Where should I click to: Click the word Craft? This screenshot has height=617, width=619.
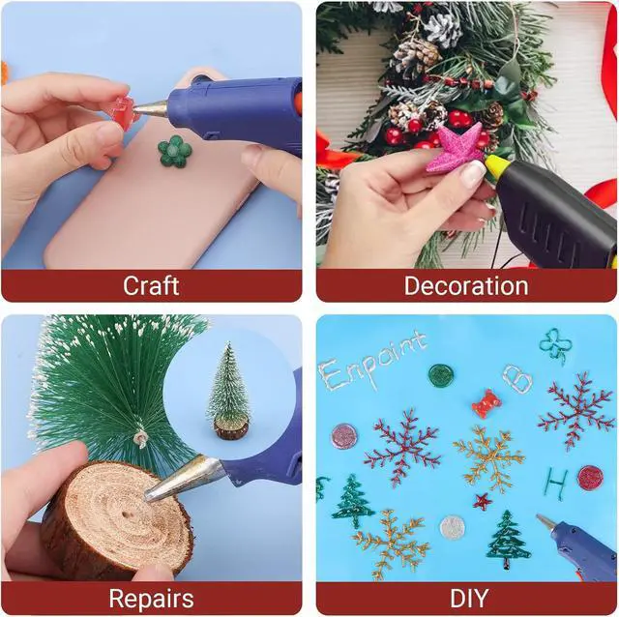151,285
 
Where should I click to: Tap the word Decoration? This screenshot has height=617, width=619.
466,285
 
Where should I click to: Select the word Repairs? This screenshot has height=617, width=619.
151,600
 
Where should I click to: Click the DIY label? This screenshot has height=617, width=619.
469,599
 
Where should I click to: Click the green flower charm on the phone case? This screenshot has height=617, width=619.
175,151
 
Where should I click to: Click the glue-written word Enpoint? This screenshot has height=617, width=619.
371,361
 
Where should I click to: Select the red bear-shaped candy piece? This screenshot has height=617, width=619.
486,404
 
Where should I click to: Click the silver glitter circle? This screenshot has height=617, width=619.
452,527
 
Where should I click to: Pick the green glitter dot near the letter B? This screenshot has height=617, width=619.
441,375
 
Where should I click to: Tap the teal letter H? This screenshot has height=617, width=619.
557,484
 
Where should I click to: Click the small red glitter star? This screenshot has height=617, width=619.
483,502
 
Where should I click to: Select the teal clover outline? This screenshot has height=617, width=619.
554,344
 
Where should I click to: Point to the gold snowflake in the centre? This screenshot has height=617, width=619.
489,459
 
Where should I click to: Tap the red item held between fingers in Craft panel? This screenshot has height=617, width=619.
122,111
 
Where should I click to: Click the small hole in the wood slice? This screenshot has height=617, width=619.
126,515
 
